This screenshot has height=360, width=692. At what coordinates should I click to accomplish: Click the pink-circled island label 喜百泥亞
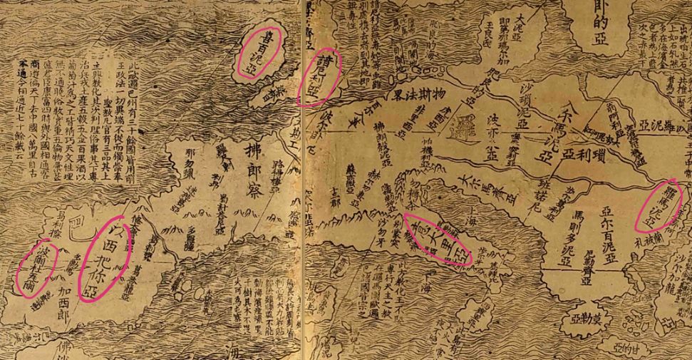[258, 51]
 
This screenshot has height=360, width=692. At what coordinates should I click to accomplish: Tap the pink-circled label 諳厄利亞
[317, 78]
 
